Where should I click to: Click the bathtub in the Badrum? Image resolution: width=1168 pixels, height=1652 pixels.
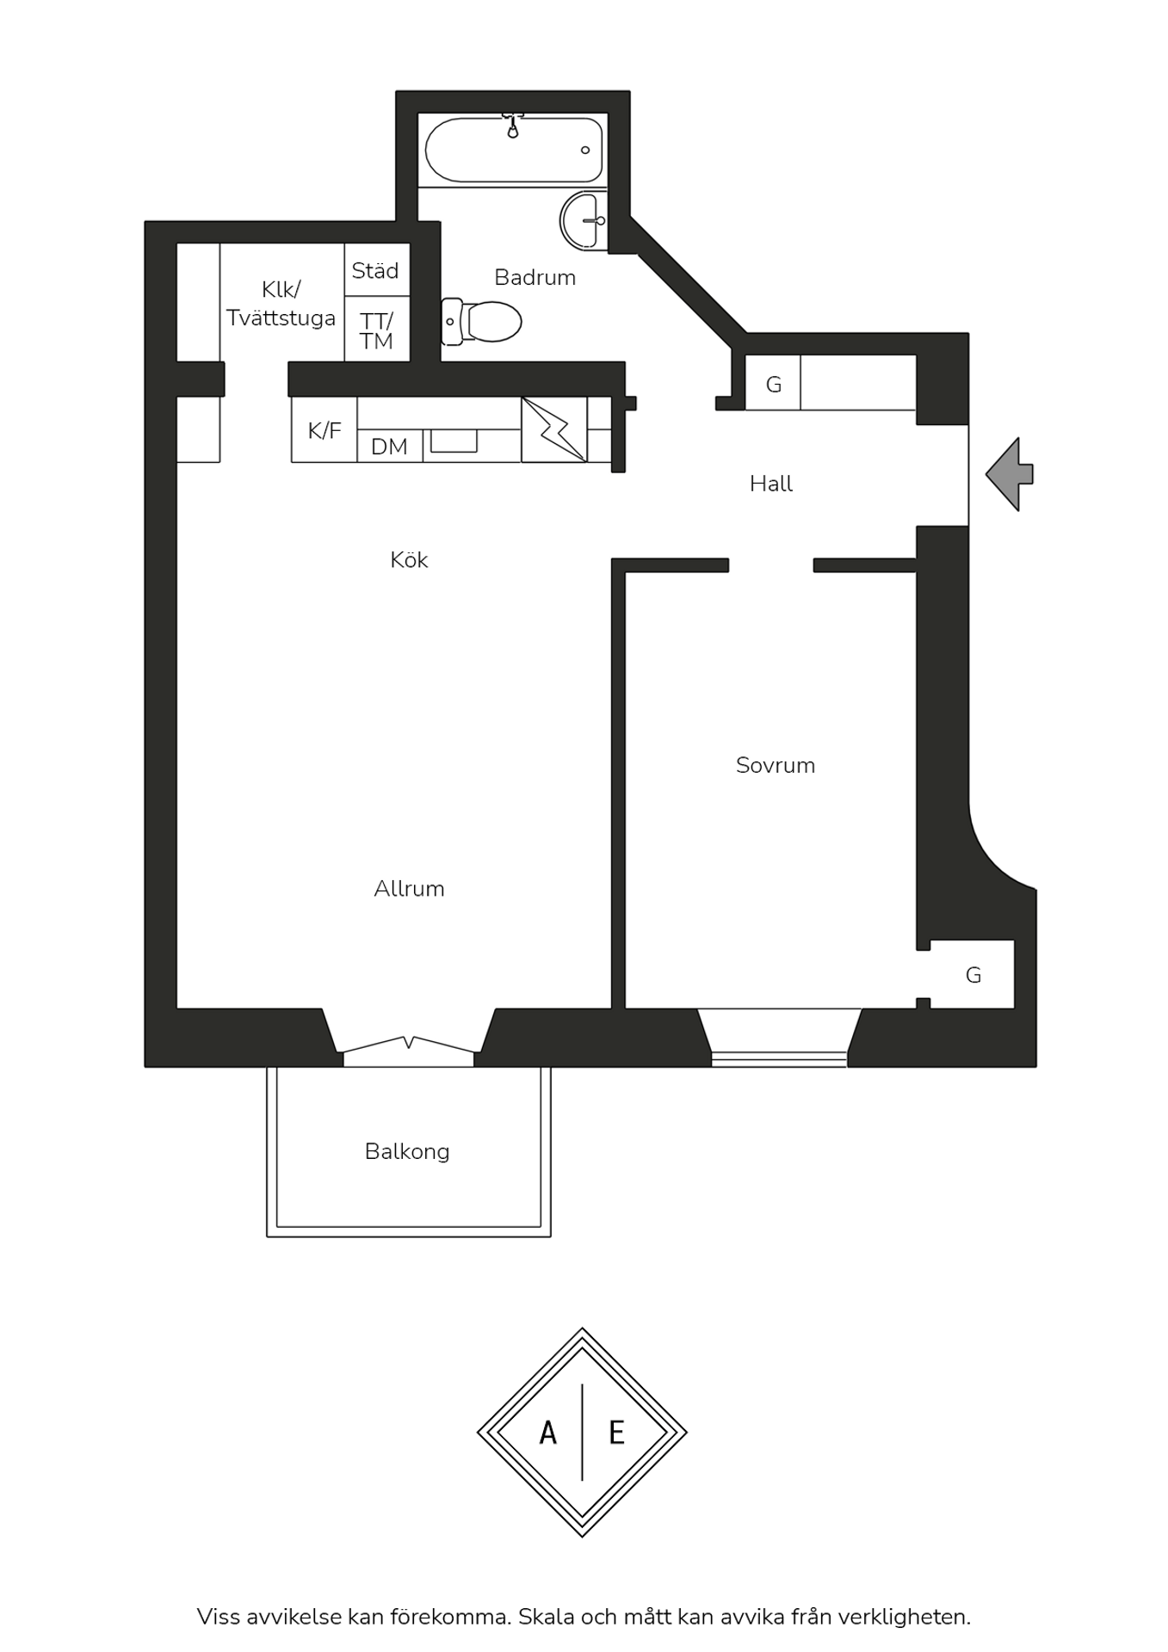pyautogui.click(x=514, y=150)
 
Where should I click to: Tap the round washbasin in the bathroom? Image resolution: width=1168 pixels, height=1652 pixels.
pyautogui.click(x=583, y=221)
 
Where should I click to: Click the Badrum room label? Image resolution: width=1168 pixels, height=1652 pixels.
pyautogui.click(x=535, y=277)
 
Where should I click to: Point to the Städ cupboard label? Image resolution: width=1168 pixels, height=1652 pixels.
pyautogui.click(x=375, y=271)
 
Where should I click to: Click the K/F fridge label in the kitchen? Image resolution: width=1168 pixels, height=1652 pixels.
pyautogui.click(x=324, y=430)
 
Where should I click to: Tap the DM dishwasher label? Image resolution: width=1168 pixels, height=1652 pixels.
pyautogui.click(x=389, y=447)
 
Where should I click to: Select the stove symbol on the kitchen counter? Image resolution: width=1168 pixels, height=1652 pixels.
pyautogui.click(x=554, y=429)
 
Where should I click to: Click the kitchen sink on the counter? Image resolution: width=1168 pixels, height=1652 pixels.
pyautogui.click(x=454, y=441)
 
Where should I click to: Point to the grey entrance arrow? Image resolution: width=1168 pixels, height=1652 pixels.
pyautogui.click(x=1010, y=474)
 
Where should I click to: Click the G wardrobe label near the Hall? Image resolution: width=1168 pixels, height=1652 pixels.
pyautogui.click(x=774, y=385)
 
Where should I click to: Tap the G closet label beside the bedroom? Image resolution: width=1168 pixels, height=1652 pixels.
pyautogui.click(x=973, y=975)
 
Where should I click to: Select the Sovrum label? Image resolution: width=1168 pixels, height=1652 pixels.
pyautogui.click(x=776, y=765)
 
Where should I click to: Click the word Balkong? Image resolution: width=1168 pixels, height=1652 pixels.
pyautogui.click(x=407, y=1152)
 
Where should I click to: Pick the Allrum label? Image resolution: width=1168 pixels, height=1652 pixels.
pyautogui.click(x=409, y=889)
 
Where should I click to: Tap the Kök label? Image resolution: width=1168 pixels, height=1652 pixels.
pyautogui.click(x=409, y=560)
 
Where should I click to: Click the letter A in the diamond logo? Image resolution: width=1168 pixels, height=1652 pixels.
pyautogui.click(x=547, y=1433)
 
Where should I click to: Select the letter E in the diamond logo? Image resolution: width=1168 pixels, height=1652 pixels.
pyautogui.click(x=616, y=1433)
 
